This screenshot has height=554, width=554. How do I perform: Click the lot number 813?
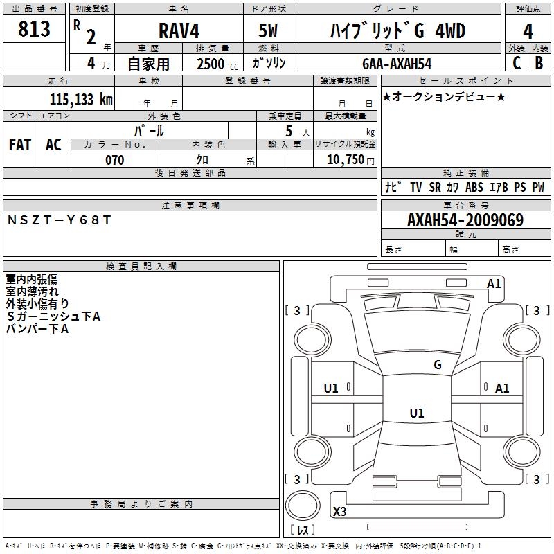click(34, 28)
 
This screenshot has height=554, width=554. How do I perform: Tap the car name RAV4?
click(179, 30)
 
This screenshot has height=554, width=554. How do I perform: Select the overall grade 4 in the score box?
click(528, 32)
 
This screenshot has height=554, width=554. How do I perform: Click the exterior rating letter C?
click(517, 63)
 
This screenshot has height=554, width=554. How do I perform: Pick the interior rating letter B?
click(539, 63)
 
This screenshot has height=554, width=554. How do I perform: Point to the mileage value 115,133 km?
click(81, 100)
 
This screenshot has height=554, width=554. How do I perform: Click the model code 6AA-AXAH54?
click(397, 64)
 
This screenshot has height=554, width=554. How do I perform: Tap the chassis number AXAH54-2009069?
click(465, 220)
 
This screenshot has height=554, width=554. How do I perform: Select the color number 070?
click(115, 160)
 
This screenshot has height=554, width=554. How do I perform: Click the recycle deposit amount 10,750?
click(345, 160)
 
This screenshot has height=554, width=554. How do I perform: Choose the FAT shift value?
click(20, 145)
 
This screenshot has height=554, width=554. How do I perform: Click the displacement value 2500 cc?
click(217, 64)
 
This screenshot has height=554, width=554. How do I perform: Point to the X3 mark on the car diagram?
click(339, 511)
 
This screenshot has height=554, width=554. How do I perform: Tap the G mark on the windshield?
click(438, 365)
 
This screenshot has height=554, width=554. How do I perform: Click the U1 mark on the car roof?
click(417, 413)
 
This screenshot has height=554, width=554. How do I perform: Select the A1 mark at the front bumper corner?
click(494, 284)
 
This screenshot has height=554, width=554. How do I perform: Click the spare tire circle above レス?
click(303, 506)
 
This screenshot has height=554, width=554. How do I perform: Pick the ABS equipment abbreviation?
click(474, 187)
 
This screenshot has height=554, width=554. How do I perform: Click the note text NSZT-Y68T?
click(59, 220)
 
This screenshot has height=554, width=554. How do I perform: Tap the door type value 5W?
click(268, 30)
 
